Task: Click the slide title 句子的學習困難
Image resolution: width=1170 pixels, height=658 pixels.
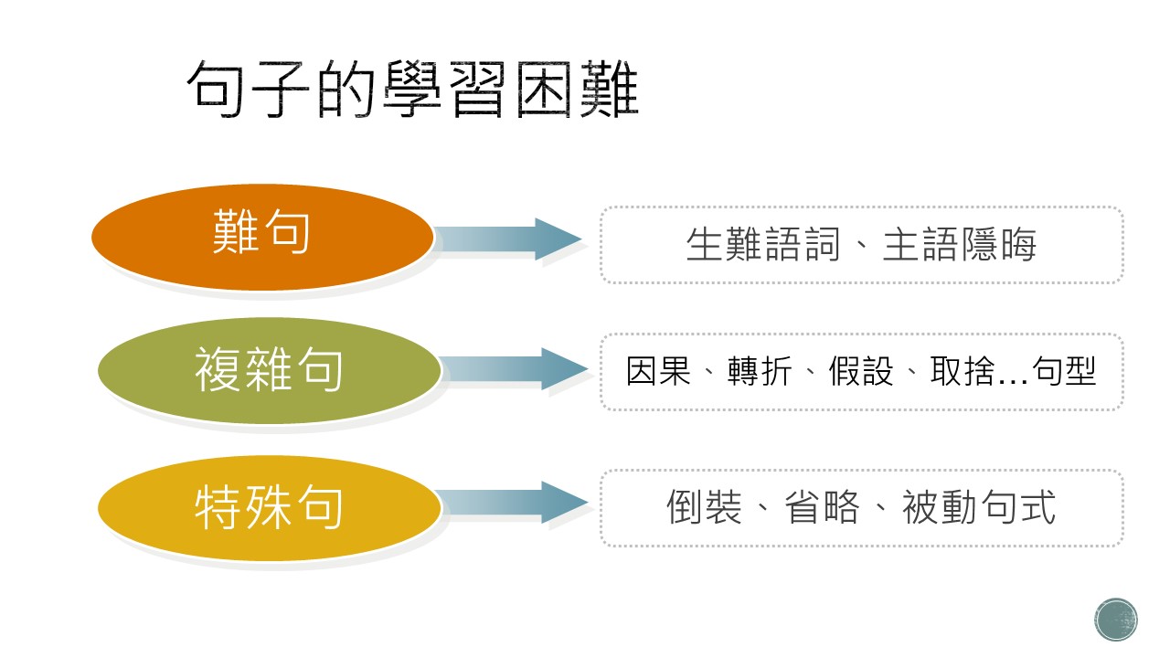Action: (412, 89)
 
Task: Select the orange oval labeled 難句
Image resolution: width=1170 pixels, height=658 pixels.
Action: (262, 237)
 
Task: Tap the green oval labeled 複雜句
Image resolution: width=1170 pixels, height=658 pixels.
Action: (270, 371)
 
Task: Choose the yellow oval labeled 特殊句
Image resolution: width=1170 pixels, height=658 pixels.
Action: (270, 508)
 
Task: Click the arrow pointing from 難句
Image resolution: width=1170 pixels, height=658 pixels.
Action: (507, 239)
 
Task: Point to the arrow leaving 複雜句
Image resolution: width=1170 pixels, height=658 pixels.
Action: (514, 368)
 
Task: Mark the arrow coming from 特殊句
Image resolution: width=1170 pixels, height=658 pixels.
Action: (514, 503)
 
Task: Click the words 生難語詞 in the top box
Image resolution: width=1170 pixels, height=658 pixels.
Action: (763, 244)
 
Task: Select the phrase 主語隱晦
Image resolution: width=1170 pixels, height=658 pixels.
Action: (960, 244)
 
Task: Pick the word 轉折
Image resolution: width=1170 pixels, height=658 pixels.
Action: (760, 371)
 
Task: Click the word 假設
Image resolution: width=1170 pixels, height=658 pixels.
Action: (861, 371)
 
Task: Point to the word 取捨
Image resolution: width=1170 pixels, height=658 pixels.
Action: (963, 371)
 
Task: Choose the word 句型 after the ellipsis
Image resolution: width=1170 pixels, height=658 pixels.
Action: (1064, 371)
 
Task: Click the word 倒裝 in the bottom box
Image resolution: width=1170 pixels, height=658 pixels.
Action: (704, 507)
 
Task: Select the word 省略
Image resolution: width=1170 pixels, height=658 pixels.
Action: (822, 507)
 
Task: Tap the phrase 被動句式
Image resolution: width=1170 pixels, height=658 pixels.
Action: (979, 507)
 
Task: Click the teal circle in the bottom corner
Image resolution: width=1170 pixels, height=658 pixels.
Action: (1116, 620)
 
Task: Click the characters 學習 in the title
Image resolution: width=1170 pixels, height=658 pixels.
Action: (445, 89)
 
